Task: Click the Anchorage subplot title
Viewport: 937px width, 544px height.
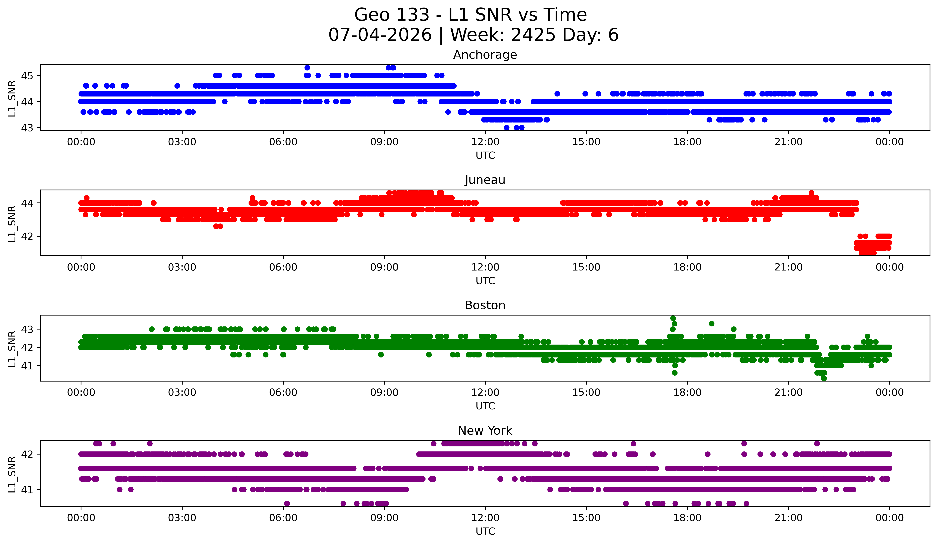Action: (x=485, y=55)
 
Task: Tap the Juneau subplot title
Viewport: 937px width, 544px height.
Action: (x=485, y=180)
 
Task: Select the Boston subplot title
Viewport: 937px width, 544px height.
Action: (x=485, y=305)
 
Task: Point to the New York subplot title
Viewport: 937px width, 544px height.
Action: (x=485, y=431)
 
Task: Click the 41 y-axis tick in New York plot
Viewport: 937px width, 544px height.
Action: (x=27, y=490)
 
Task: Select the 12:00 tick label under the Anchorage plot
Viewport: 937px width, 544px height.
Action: (x=485, y=142)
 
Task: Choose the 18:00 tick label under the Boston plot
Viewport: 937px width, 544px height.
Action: (x=687, y=393)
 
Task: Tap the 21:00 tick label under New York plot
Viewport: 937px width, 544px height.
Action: (x=788, y=518)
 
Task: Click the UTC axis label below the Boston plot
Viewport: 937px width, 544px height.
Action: (x=485, y=406)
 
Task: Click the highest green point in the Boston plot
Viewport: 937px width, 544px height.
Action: (x=673, y=318)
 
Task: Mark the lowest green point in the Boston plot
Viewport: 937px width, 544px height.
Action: (x=824, y=378)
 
